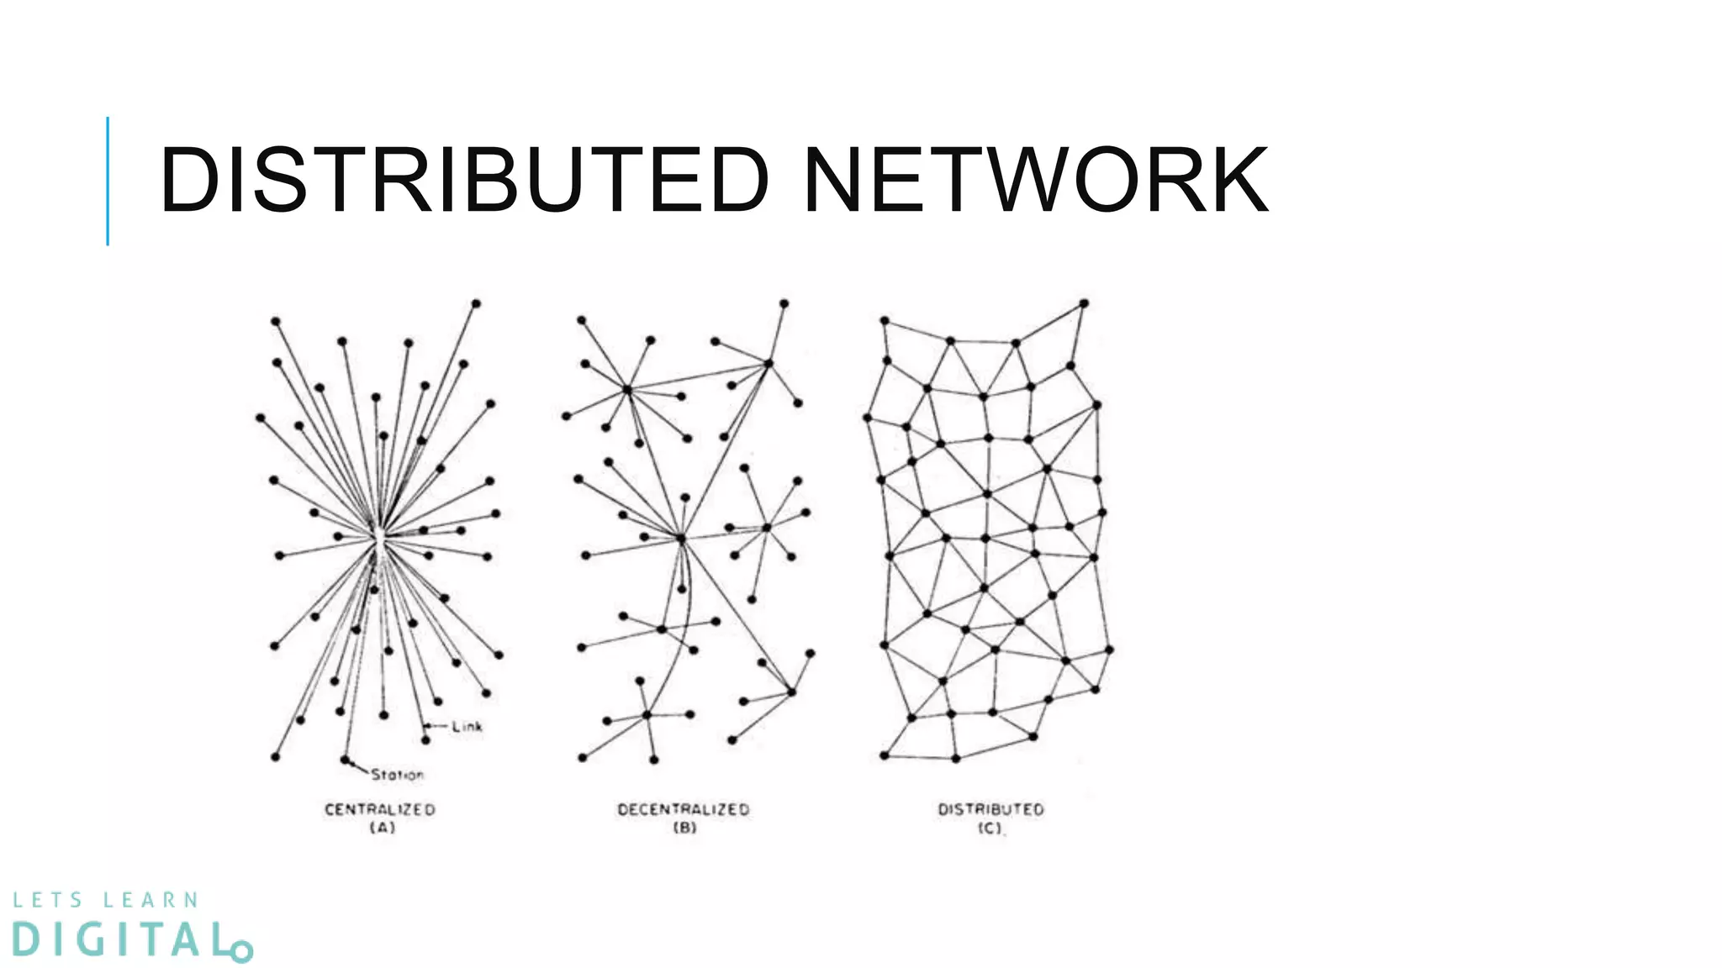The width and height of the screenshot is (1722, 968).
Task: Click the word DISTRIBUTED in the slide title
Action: [x=463, y=180]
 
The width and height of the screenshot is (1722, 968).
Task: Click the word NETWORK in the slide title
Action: [x=1035, y=180]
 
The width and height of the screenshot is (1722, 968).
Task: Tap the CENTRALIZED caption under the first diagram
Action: [x=380, y=809]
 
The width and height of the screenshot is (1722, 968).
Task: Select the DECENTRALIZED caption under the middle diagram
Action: [x=683, y=809]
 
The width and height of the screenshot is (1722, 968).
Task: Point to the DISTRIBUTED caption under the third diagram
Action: [x=990, y=809]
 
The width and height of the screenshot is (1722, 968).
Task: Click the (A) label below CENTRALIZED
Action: [x=383, y=828]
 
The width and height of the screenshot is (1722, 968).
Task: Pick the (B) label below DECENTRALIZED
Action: [x=684, y=828]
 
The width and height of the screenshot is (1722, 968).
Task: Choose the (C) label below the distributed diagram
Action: [x=990, y=829]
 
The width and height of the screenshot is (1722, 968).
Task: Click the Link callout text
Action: [x=467, y=726]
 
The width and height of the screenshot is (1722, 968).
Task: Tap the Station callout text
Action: [x=398, y=775]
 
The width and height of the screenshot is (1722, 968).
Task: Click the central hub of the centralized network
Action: [x=378, y=538]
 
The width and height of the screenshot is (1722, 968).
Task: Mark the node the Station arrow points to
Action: [x=345, y=759]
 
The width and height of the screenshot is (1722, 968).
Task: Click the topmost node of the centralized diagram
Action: [x=476, y=302]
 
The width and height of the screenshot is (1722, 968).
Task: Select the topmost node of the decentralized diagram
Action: [x=784, y=302]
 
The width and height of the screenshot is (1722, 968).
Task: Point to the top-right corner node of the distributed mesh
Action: [x=1084, y=302]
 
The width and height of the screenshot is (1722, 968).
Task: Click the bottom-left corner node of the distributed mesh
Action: [x=885, y=755]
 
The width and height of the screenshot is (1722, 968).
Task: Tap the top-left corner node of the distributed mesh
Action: [x=885, y=320]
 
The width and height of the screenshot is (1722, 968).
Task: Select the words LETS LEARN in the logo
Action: [x=106, y=901]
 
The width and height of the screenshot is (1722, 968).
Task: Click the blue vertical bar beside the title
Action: [x=108, y=181]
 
